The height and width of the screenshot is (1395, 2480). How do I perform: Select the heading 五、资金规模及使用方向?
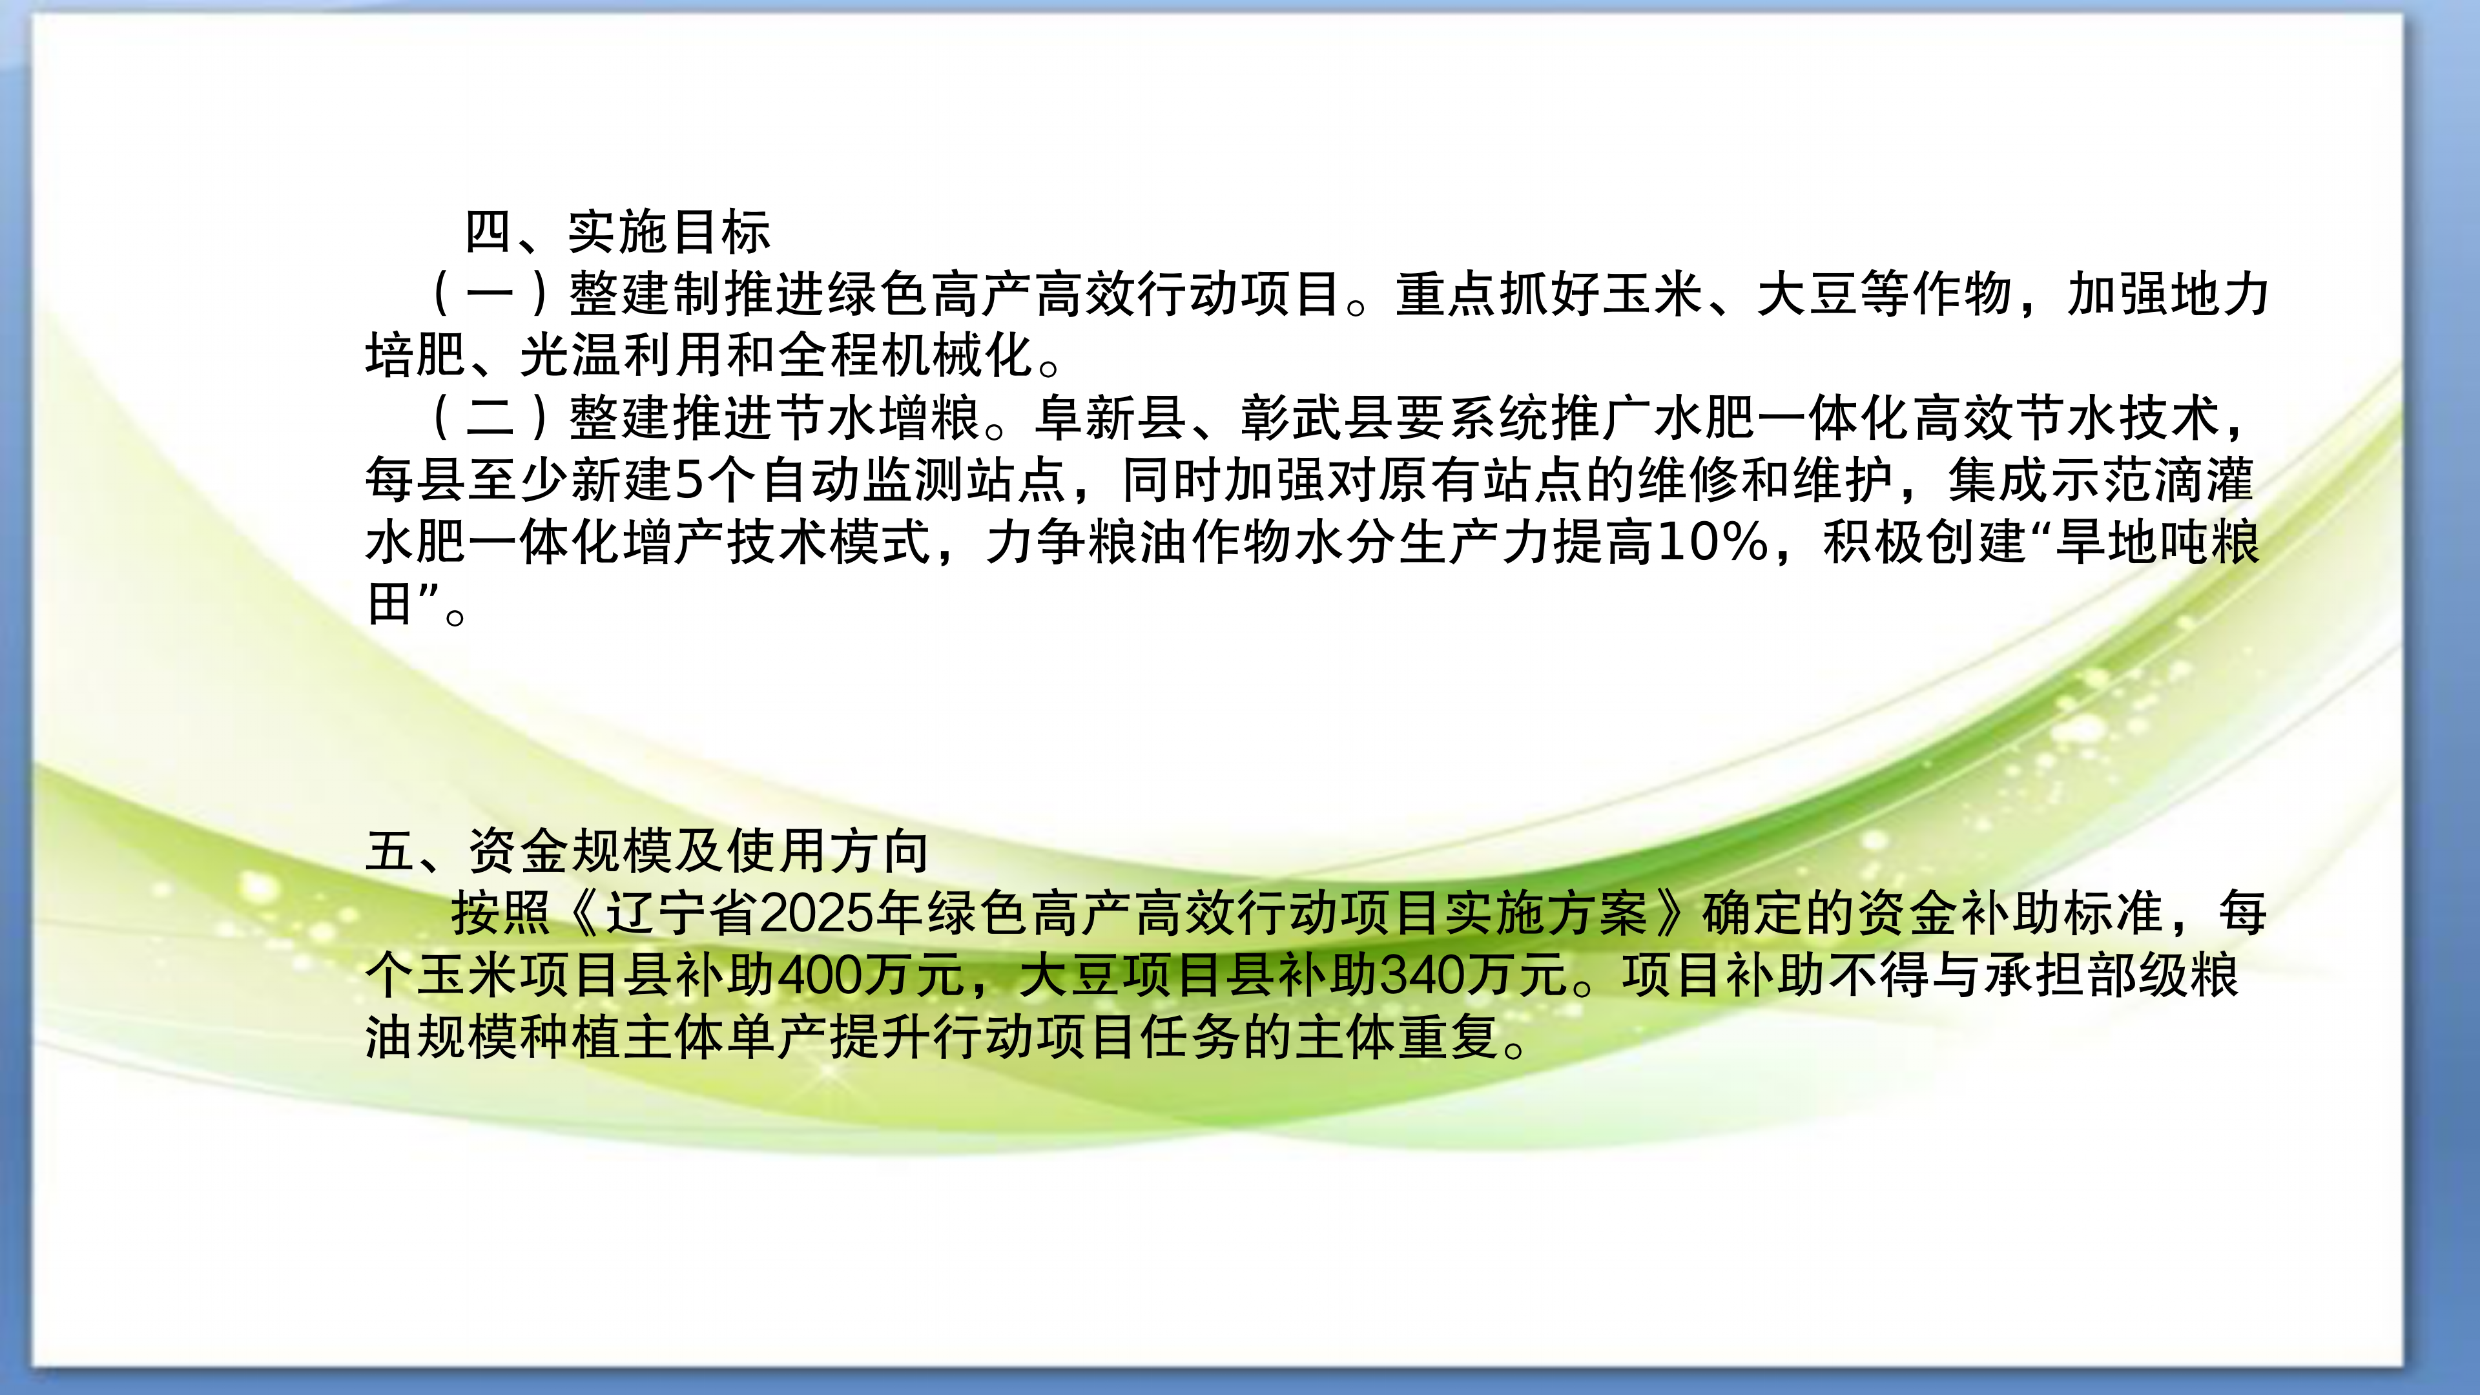pos(647,851)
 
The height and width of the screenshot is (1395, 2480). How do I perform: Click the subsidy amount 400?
pos(820,975)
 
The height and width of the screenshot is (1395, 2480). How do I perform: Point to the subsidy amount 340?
pos(1422,975)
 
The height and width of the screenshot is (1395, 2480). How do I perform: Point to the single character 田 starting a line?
pos(389,604)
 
